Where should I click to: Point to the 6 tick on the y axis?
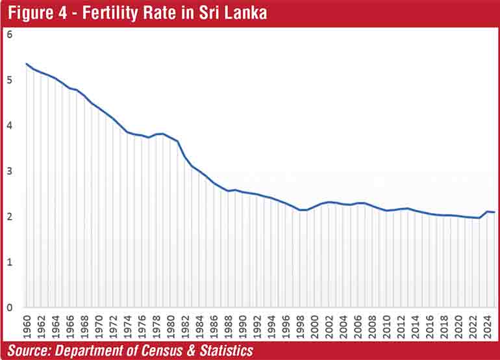[x=10, y=34]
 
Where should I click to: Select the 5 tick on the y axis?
[x=10, y=81]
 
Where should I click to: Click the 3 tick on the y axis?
[x=10, y=172]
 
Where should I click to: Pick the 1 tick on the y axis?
[x=10, y=262]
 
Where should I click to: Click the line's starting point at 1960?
[x=27, y=64]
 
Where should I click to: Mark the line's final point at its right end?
[x=495, y=212]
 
